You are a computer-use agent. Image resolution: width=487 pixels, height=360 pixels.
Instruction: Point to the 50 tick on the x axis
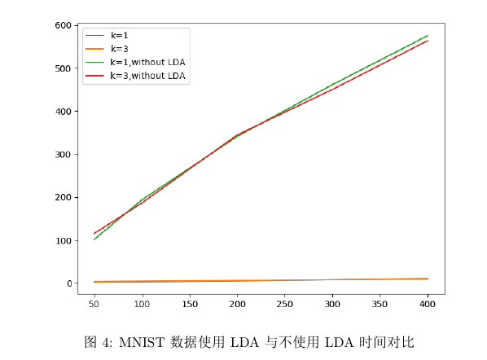[95, 304]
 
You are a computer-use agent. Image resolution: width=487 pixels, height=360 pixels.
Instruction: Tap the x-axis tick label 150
[190, 304]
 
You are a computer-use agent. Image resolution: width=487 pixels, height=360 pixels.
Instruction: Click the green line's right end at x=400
[428, 35]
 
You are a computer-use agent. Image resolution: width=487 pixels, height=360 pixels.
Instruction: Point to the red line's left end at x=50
[95, 234]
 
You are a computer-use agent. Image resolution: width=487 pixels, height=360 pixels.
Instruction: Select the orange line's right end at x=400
[428, 279]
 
